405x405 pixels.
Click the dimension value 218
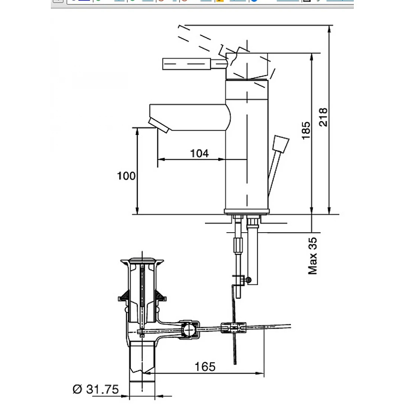tap(323, 117)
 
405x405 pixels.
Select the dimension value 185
tap(306, 130)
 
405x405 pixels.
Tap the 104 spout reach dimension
tap(199, 153)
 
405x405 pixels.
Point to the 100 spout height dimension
tap(126, 175)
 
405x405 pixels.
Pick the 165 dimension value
tap(205, 366)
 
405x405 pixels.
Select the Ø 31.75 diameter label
tap(95, 389)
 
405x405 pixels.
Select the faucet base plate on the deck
tap(247, 211)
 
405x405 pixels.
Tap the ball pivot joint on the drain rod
tap(189, 330)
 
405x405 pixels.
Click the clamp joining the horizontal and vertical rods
tap(234, 327)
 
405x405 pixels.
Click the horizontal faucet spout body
tap(189, 117)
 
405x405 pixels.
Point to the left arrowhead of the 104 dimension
tap(160, 159)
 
